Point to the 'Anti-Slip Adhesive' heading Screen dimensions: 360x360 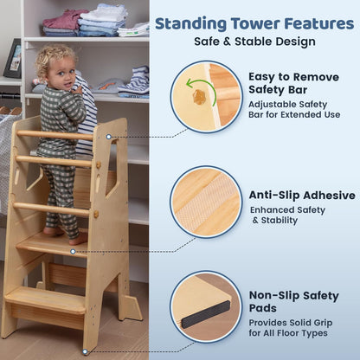click(302, 195)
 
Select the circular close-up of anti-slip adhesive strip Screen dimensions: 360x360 click(206, 202)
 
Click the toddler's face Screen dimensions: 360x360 click(54, 70)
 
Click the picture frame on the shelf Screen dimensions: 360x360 click(12, 59)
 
